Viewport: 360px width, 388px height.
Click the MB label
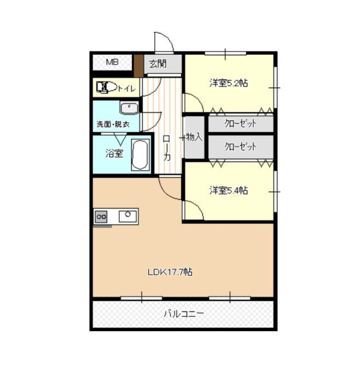112,62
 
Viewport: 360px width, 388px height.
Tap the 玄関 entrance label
158,64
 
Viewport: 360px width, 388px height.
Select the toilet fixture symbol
106,87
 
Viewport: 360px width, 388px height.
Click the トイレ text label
126,88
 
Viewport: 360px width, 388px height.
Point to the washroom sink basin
129,108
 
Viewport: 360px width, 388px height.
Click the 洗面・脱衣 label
113,124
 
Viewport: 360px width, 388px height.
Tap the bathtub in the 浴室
140,155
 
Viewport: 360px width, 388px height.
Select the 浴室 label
114,153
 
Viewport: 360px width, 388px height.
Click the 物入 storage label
194,137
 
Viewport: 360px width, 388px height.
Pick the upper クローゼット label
240,123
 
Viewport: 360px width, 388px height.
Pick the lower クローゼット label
240,147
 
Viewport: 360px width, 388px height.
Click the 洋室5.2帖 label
229,83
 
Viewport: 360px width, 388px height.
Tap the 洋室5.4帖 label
229,190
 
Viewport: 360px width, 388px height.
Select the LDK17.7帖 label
170,272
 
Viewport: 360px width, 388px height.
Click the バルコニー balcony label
184,314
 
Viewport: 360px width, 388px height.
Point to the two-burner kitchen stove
101,217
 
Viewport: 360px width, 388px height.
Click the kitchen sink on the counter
128,216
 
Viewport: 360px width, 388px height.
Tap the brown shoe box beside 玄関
138,66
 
